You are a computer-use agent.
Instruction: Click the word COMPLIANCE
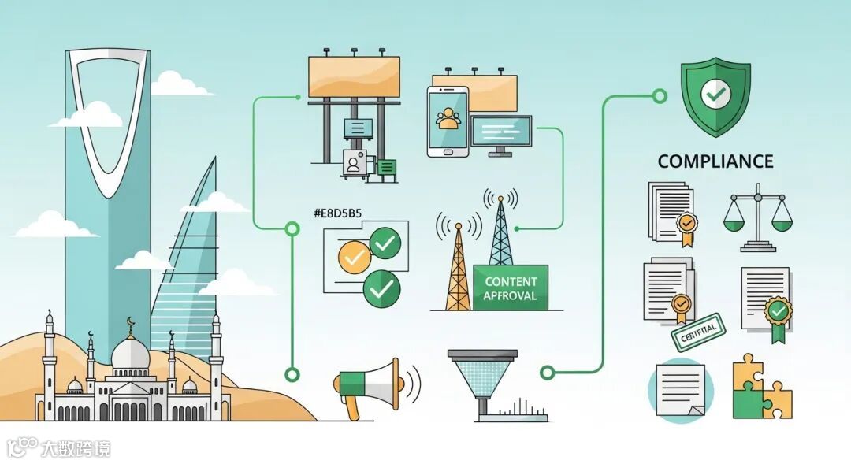point(715,162)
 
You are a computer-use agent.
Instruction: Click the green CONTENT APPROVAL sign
point(511,288)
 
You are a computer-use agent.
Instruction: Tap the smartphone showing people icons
point(448,121)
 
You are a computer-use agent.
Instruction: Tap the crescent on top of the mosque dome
point(131,321)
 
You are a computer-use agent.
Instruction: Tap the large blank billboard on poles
point(354,77)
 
